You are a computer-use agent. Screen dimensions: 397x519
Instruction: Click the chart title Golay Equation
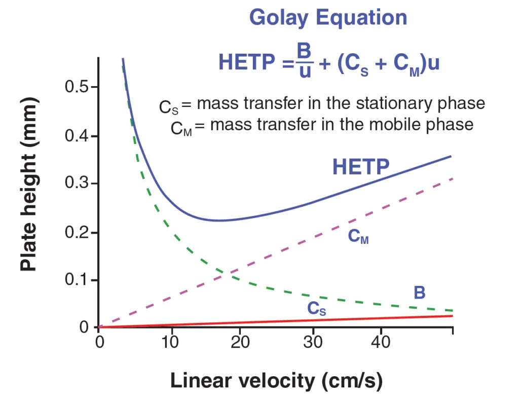tap(328, 18)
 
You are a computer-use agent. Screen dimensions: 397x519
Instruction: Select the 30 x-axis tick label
tap(312, 343)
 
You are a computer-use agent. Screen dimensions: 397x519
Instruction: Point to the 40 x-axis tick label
tap(383, 343)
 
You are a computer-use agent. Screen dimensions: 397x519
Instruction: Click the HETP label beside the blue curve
tap(361, 167)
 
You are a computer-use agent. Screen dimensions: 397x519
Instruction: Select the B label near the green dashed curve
tap(419, 293)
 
